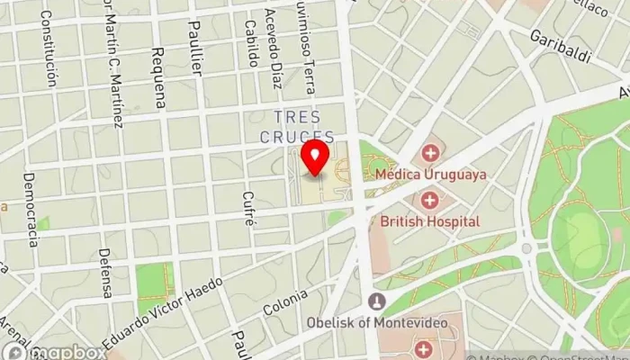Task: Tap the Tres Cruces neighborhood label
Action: (297, 128)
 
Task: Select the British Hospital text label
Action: (430, 220)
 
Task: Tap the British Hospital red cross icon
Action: (429, 200)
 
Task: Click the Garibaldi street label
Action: (560, 45)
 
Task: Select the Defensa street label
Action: (105, 273)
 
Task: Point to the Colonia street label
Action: (285, 307)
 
